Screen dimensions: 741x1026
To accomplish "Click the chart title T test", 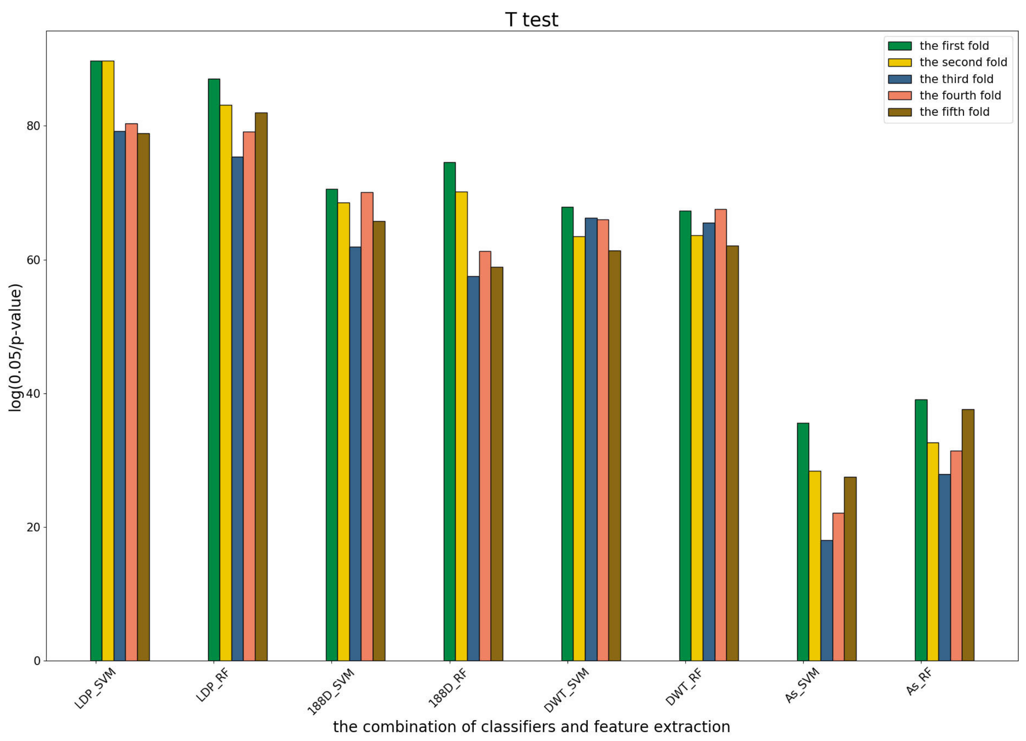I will (x=532, y=20).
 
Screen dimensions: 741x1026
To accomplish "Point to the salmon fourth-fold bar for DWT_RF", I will (x=721, y=435).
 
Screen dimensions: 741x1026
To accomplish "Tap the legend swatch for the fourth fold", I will (x=899, y=95).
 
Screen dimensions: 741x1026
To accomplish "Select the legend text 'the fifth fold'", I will (x=954, y=112).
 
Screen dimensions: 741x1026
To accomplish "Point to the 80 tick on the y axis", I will (x=34, y=126).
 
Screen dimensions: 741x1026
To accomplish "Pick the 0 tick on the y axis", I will (x=37, y=661).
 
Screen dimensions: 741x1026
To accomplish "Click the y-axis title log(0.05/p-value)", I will (x=15, y=348).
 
